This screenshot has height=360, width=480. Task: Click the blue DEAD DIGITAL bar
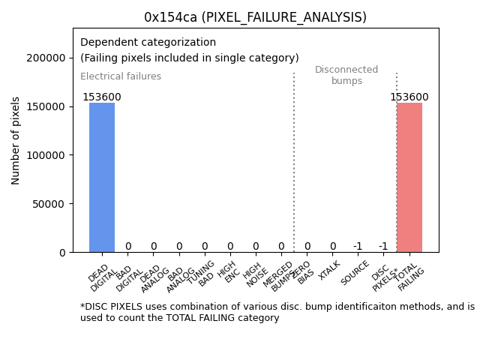[x=102, y=177]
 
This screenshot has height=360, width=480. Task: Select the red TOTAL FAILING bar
[x=409, y=177]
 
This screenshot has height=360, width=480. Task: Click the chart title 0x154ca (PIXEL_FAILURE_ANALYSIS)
[x=256, y=17]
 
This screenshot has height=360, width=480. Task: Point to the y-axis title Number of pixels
[x=16, y=140]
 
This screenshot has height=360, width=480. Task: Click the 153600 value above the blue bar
[x=102, y=97]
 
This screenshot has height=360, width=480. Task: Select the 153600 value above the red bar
[x=409, y=97]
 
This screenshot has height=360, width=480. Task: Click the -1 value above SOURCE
[x=358, y=247]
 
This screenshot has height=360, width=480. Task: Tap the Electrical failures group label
[x=121, y=76]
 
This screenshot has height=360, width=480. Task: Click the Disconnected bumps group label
[x=346, y=76]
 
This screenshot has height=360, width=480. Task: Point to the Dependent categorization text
[x=148, y=43]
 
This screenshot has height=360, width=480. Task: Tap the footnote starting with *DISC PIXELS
[x=277, y=312]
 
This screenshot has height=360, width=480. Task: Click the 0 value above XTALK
[x=332, y=247]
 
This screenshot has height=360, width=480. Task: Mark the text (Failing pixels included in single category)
[x=189, y=58]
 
